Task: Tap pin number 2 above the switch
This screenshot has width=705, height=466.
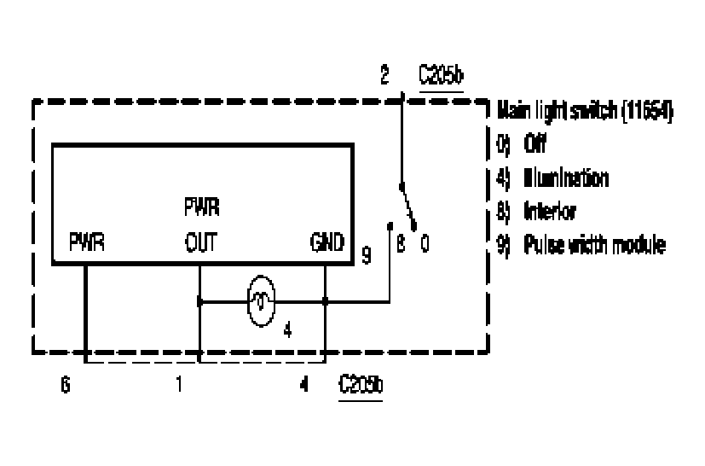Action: tap(384, 78)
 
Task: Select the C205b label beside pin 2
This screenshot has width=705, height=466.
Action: tap(441, 78)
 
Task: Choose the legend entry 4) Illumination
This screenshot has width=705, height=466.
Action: tap(553, 179)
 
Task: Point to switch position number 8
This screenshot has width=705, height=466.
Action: tap(399, 244)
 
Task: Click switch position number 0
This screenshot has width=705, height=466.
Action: tap(424, 244)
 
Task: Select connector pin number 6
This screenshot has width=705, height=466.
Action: tap(66, 383)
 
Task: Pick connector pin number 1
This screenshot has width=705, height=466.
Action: tap(180, 383)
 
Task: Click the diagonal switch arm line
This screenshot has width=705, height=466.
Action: tap(407, 201)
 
